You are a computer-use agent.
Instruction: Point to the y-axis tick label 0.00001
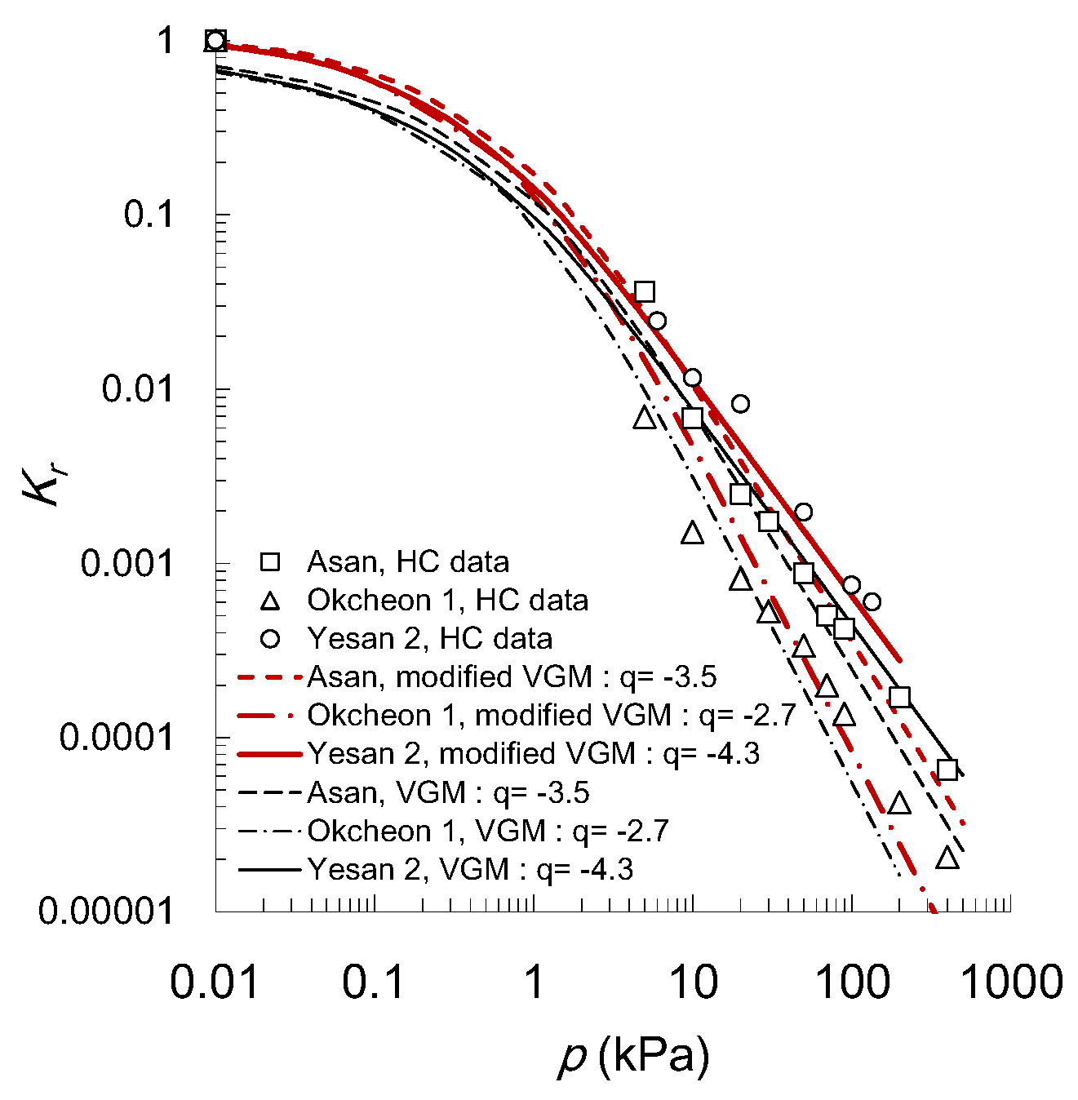[x=106, y=911]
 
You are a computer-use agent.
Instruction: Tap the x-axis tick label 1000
[x=1011, y=982]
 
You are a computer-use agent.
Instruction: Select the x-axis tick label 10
[x=693, y=982]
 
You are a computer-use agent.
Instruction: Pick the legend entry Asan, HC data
[x=407, y=562]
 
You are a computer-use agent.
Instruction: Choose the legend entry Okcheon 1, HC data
[x=447, y=601]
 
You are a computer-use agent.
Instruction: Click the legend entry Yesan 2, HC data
[x=429, y=639]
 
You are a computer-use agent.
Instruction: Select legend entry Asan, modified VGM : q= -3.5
[x=512, y=677]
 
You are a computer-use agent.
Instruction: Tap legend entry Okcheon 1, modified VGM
[x=551, y=716]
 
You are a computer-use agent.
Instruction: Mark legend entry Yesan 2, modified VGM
[x=533, y=754]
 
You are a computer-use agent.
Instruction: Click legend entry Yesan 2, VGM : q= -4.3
[x=470, y=870]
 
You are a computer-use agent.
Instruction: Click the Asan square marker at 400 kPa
[x=947, y=770]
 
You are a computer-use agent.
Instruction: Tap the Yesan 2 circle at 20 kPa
[x=740, y=404]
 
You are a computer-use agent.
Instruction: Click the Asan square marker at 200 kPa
[x=899, y=697]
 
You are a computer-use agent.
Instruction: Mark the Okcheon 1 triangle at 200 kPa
[x=899, y=803]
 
